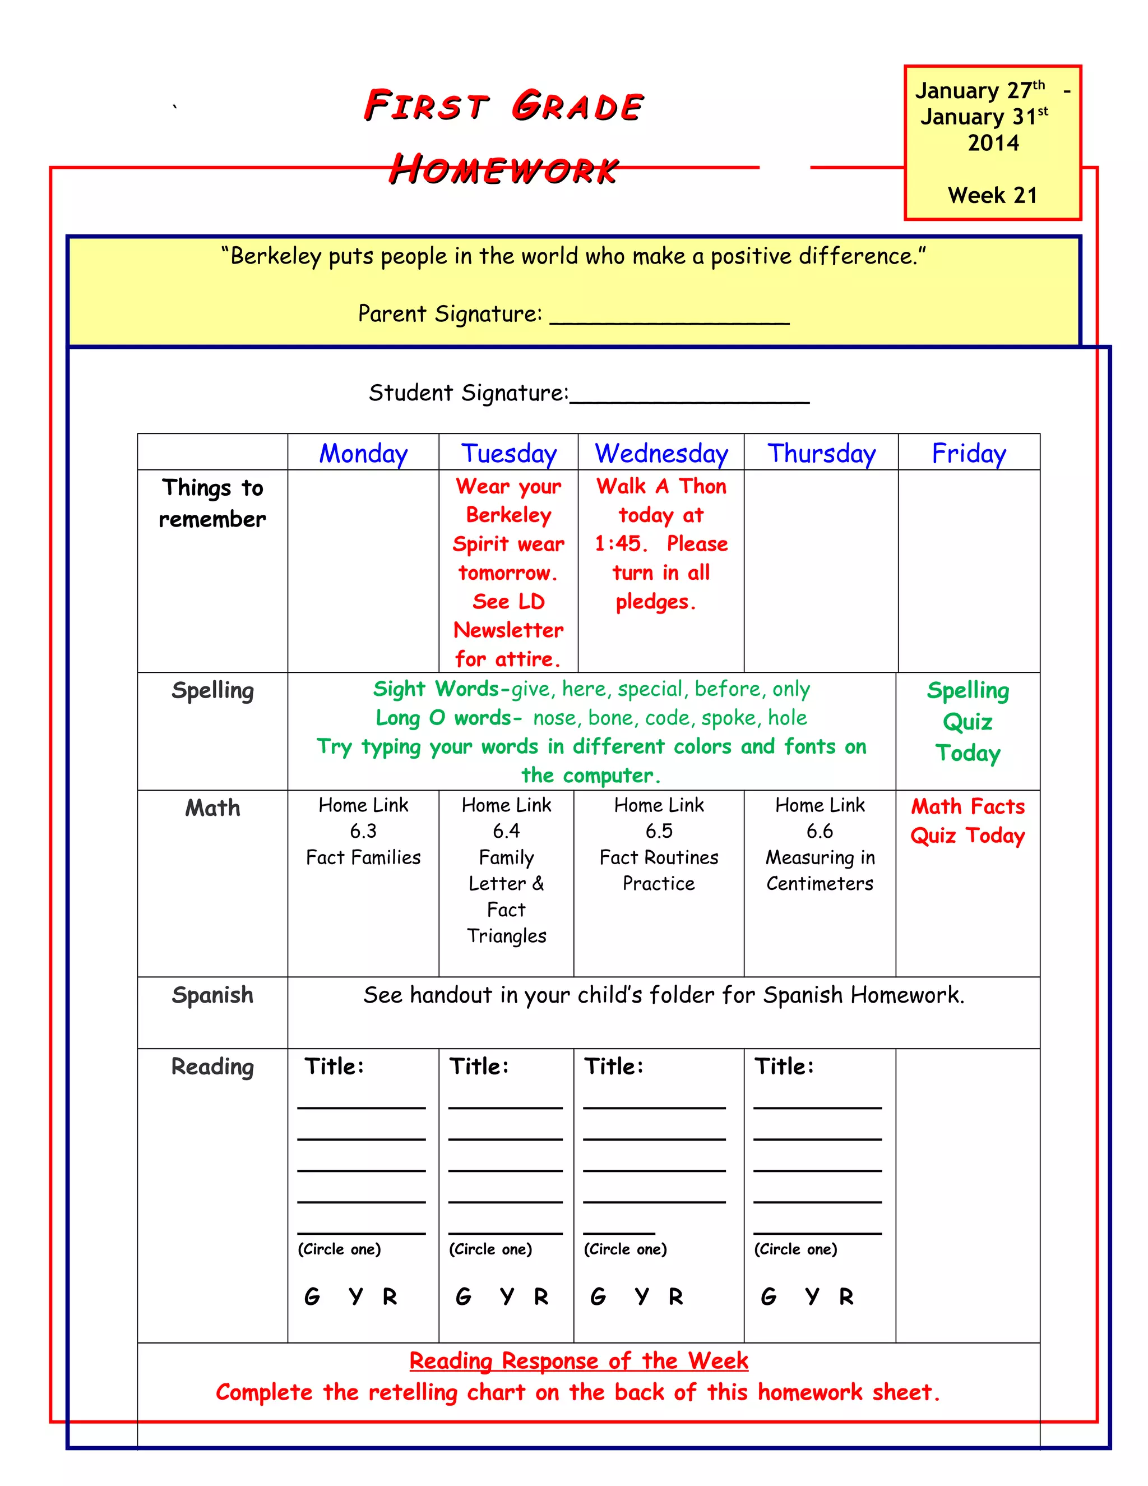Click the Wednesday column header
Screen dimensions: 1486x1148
[661, 453]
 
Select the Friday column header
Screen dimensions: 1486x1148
[969, 453]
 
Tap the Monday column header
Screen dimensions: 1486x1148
[363, 453]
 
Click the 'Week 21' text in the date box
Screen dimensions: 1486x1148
[992, 195]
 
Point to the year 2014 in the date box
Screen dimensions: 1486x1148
[993, 143]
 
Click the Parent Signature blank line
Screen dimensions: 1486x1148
[669, 320]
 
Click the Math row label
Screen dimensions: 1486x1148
[212, 807]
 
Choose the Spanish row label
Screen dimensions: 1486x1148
[212, 995]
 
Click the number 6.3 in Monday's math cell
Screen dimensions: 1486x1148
[363, 831]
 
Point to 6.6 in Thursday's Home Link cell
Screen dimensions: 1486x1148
[820, 831]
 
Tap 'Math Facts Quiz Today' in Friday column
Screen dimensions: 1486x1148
[967, 820]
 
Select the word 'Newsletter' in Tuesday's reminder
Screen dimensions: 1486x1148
[508, 630]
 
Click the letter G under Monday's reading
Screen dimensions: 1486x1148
[312, 1296]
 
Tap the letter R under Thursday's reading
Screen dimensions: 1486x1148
[846, 1296]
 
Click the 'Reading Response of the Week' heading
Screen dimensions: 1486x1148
[578, 1361]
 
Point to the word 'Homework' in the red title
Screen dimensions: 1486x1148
[503, 170]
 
